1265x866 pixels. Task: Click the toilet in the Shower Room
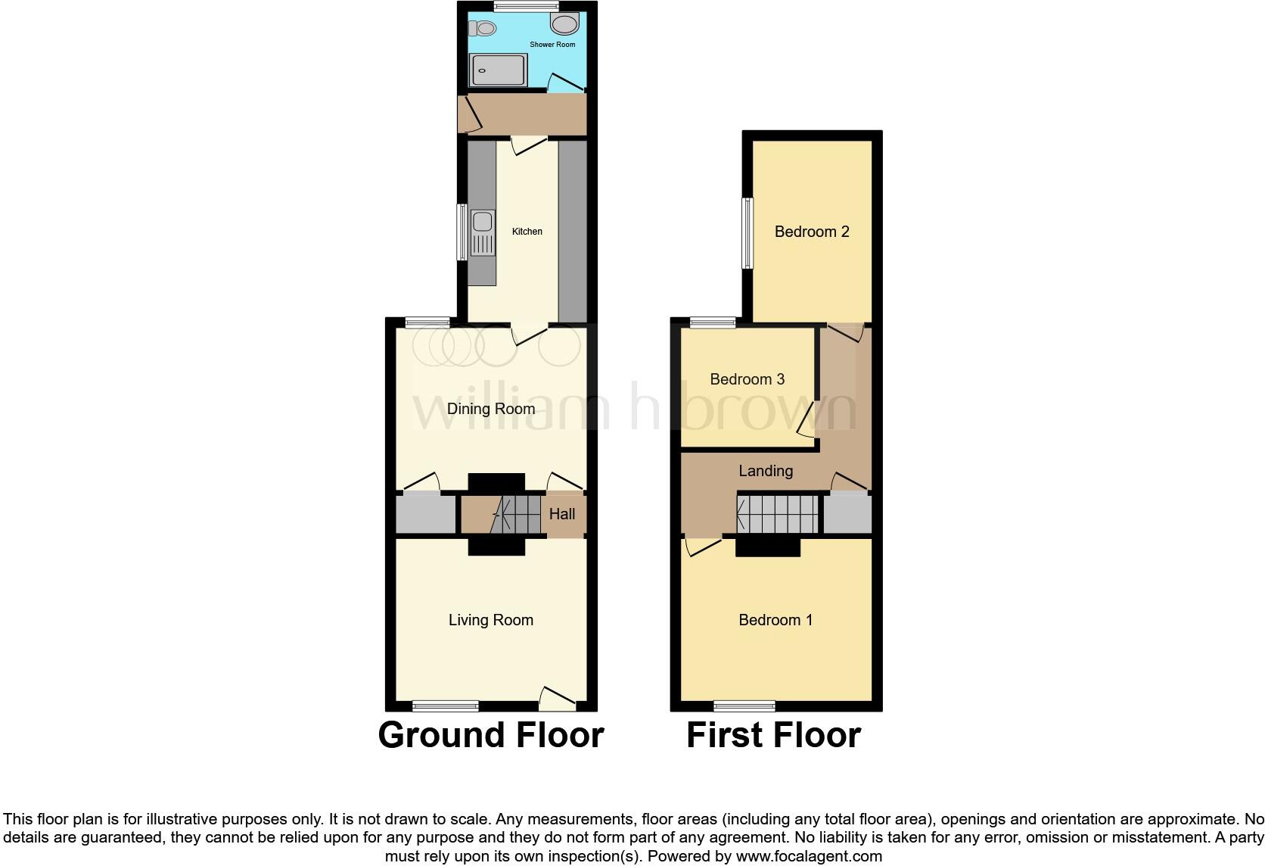[482, 29]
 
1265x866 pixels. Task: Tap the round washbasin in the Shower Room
[564, 24]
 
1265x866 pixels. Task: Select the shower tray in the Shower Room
[499, 70]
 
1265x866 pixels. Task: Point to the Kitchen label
[527, 232]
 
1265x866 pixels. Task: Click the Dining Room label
[491, 410]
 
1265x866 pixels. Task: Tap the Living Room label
[491, 620]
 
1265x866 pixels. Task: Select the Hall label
[562, 514]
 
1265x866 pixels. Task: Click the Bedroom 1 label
[775, 620]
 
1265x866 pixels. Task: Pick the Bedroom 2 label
[812, 232]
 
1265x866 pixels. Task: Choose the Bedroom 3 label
[747, 379]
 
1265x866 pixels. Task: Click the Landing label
[766, 471]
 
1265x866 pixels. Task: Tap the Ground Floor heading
[491, 735]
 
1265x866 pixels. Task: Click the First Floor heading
[773, 735]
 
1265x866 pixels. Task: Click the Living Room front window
[446, 706]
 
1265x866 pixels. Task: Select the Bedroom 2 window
[747, 232]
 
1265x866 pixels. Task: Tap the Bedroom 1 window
[744, 706]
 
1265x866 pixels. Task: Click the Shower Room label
[552, 45]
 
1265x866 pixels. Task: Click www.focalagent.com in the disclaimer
[809, 857]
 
